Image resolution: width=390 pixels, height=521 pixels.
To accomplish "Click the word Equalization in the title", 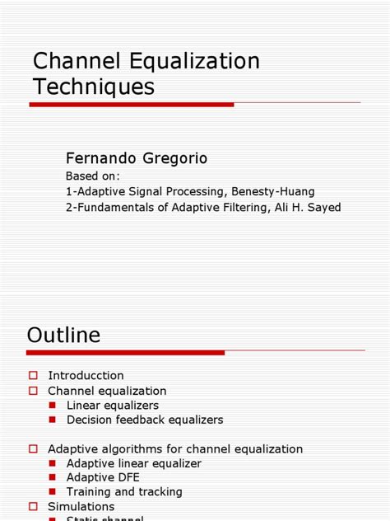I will (x=188, y=62).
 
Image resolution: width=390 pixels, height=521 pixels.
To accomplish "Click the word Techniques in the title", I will (x=93, y=87).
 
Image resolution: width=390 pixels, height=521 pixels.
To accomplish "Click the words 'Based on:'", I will (x=93, y=176).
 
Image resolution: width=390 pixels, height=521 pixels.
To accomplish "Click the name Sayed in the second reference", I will (x=323, y=208).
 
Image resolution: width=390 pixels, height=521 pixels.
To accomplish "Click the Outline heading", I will (x=63, y=335).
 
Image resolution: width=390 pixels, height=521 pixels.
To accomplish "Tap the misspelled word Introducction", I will (x=86, y=376).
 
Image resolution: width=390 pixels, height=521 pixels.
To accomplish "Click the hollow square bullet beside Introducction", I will (x=34, y=376).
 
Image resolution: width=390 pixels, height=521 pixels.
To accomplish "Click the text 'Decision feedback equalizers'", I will (x=145, y=420).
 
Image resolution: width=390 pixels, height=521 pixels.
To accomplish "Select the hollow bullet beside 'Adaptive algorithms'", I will (x=34, y=449).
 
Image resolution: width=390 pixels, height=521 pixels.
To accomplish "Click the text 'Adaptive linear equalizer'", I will (x=134, y=463).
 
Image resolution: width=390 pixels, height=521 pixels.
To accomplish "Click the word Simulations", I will (x=81, y=506).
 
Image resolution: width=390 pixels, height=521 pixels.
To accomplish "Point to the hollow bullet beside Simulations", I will (x=34, y=506).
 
